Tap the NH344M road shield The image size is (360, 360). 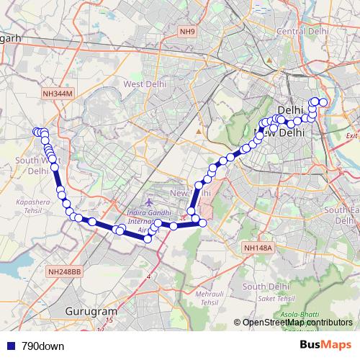[x=58, y=94]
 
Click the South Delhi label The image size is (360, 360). [x=266, y=287]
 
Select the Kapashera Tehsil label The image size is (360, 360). [x=30, y=208]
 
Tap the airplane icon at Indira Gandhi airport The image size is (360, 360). [x=149, y=204]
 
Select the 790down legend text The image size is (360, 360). [x=42, y=346]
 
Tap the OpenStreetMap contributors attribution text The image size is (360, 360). [x=297, y=323]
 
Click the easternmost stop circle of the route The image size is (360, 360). [x=323, y=102]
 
